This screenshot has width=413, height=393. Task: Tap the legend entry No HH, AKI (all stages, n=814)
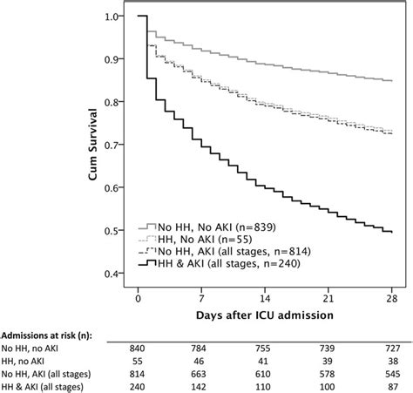tap(225, 251)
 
